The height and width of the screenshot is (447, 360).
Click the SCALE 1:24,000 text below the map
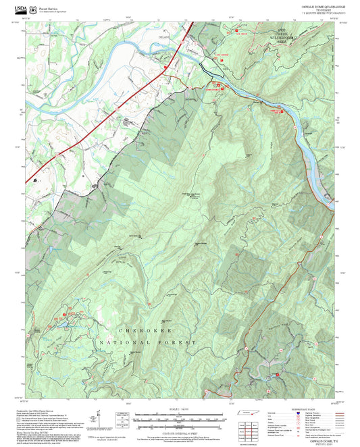click(x=180, y=409)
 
